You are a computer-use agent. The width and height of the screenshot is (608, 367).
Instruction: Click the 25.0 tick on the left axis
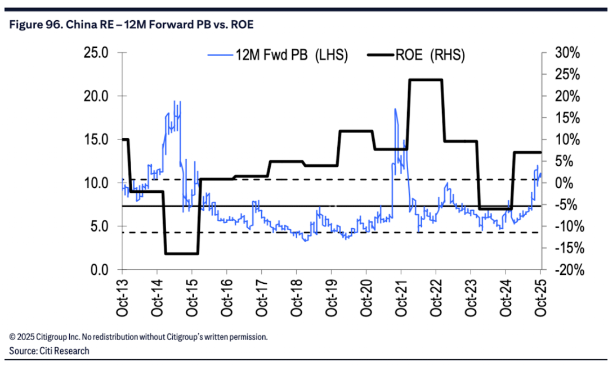click(x=96, y=53)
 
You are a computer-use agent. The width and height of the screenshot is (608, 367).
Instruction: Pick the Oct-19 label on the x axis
click(x=331, y=298)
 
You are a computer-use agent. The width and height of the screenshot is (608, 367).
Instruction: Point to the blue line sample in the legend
click(x=221, y=55)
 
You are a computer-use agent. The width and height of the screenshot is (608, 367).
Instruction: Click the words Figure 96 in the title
click(x=28, y=25)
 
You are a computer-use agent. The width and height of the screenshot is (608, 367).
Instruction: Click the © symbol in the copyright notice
click(x=12, y=337)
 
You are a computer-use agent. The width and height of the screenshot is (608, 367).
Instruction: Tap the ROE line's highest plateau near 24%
click(x=426, y=80)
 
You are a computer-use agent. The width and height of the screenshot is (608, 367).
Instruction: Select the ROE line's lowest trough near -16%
click(x=181, y=253)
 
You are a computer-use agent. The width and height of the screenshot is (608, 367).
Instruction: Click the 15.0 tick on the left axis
click(x=96, y=140)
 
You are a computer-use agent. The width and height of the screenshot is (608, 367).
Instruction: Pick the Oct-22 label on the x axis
click(x=436, y=298)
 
